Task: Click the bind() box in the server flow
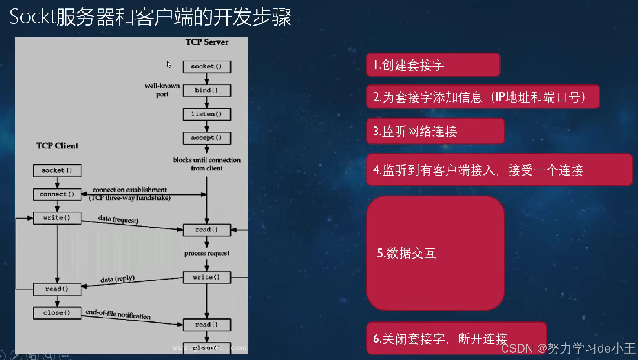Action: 206,90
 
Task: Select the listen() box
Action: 206,114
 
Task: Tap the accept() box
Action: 206,138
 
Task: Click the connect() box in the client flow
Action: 57,194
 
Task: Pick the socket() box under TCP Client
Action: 57,170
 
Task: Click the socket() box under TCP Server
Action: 206,67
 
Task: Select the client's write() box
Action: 57,218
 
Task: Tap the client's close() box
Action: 57,313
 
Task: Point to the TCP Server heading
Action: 207,42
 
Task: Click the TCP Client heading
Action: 57,146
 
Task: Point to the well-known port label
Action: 162,90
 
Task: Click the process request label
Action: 206,254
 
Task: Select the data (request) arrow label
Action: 118,220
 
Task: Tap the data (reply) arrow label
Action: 117,279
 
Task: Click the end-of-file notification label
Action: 118,315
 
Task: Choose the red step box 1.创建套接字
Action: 433,65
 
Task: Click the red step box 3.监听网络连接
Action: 435,132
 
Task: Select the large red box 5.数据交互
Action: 435,253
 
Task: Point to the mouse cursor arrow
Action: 169,64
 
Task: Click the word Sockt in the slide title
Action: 33,17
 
